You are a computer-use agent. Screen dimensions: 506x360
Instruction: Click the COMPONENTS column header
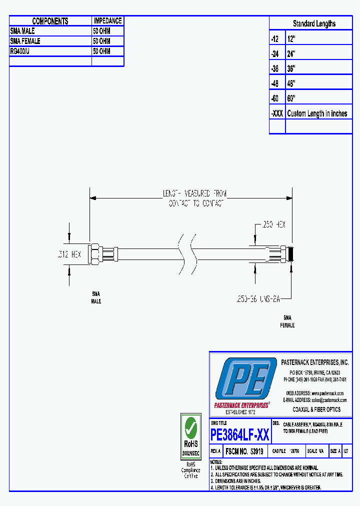[50, 21]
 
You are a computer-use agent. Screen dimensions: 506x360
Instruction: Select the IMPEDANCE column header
[107, 21]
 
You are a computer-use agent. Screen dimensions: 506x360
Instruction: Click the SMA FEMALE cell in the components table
[25, 41]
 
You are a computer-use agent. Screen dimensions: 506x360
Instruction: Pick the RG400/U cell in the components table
[20, 51]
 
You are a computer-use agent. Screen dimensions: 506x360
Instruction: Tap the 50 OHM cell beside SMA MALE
[101, 31]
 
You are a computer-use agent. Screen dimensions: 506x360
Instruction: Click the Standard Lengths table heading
[314, 23]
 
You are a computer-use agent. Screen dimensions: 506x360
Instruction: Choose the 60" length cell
[291, 98]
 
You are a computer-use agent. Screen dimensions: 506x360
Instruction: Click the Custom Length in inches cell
[317, 113]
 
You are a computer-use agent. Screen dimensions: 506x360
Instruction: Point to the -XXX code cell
[276, 113]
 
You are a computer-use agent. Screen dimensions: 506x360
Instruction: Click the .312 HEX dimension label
[68, 254]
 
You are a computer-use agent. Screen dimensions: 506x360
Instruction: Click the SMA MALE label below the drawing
[95, 297]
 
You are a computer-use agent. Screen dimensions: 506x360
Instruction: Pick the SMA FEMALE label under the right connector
[287, 321]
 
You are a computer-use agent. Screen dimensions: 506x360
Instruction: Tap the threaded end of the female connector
[291, 253]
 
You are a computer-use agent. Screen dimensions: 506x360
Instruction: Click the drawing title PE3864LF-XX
[240, 435]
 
